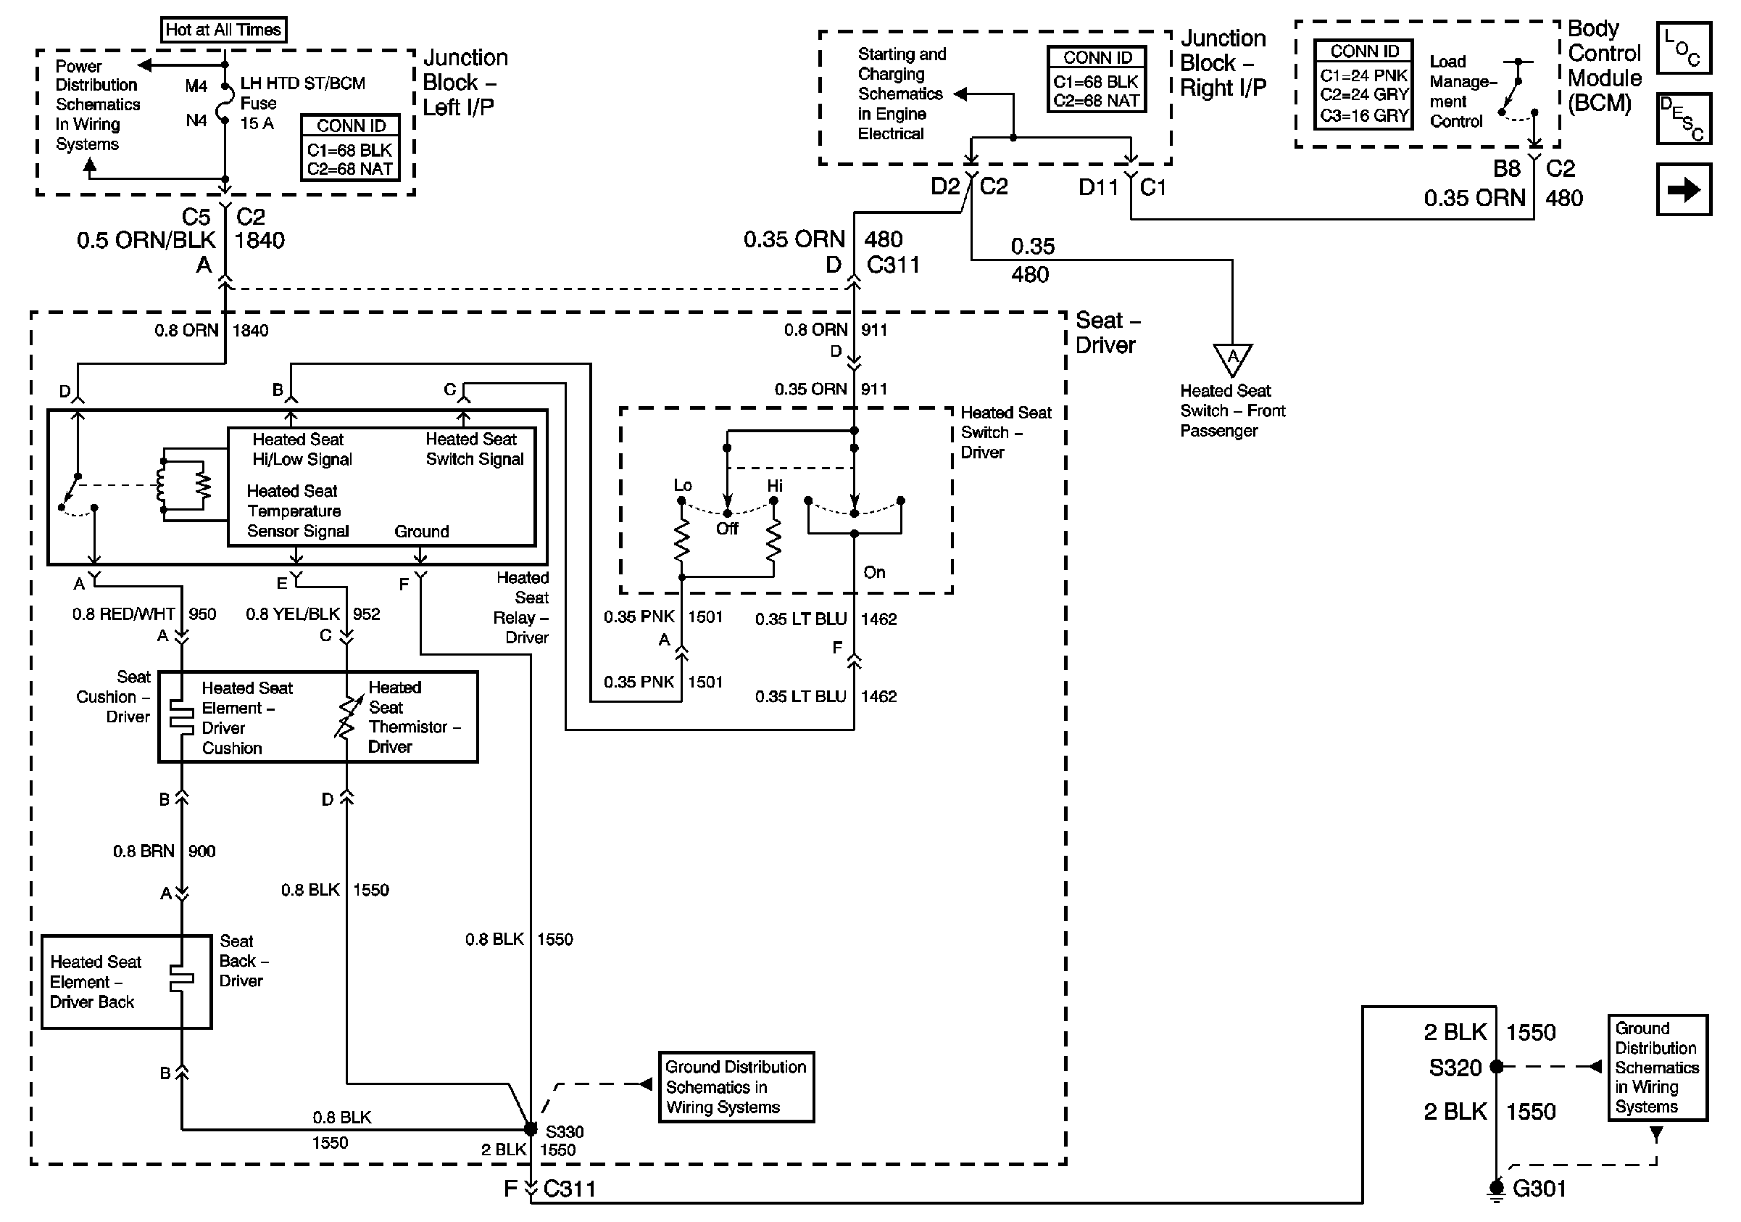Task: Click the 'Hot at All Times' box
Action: pyautogui.click(x=223, y=30)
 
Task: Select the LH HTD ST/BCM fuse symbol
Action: pyautogui.click(x=225, y=102)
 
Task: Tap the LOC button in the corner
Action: pyautogui.click(x=1683, y=48)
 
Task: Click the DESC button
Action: pyautogui.click(x=1683, y=118)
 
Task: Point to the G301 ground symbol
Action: pyautogui.click(x=1495, y=1189)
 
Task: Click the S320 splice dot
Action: pyautogui.click(x=1496, y=1068)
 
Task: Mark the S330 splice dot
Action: pyautogui.click(x=531, y=1129)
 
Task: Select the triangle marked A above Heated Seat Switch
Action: pyautogui.click(x=1232, y=358)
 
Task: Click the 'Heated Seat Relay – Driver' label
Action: pyautogui.click(x=522, y=608)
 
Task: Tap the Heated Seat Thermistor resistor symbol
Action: pyautogui.click(x=346, y=717)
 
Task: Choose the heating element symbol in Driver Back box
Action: pyautogui.click(x=182, y=979)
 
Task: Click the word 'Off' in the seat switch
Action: pyautogui.click(x=726, y=529)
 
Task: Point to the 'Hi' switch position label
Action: pyautogui.click(x=774, y=485)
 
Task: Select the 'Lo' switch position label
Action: pyautogui.click(x=683, y=484)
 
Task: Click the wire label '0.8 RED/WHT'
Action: pyautogui.click(x=124, y=614)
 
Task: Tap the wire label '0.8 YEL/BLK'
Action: pyautogui.click(x=293, y=614)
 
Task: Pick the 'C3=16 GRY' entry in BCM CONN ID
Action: pyautogui.click(x=1363, y=115)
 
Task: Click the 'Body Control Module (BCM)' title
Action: pyautogui.click(x=1604, y=65)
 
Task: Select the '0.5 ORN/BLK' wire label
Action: pyautogui.click(x=146, y=241)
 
